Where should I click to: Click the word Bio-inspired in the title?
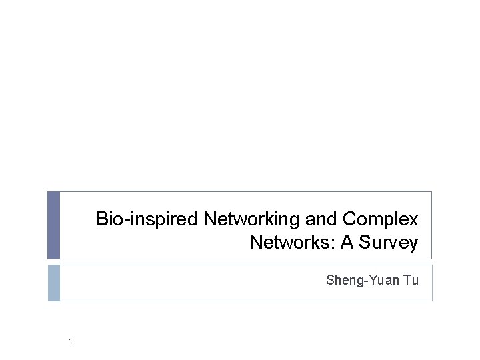click(x=147, y=219)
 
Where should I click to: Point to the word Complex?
click(x=380, y=219)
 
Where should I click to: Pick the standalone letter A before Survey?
click(x=347, y=243)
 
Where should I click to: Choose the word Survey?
click(x=388, y=243)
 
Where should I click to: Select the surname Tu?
click(x=410, y=281)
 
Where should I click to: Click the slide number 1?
click(x=70, y=343)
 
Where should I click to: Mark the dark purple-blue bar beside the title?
click(x=54, y=225)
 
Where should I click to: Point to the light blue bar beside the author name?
click(x=54, y=283)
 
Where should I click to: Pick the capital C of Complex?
click(x=349, y=219)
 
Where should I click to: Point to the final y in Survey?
click(x=413, y=245)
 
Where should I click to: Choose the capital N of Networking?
click(x=209, y=219)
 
